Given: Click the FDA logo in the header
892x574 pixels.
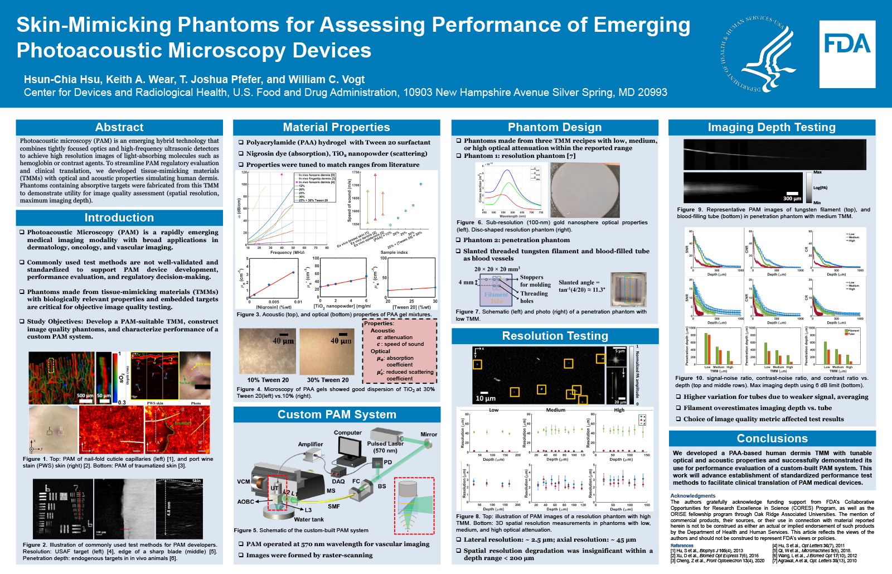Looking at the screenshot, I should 847,54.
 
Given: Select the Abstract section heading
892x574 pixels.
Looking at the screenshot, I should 119,127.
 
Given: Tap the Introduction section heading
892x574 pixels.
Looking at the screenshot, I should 119,218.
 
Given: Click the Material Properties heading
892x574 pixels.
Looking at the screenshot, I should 336,127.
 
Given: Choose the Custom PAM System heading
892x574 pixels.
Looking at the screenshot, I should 337,414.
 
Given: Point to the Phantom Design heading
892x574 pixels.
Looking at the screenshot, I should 555,127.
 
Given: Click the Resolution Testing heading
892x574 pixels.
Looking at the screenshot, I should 555,336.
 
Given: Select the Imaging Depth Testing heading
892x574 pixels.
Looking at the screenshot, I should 772,127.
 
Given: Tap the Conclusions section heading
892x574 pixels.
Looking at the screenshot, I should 772,438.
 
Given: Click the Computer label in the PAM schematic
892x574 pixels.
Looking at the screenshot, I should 348,432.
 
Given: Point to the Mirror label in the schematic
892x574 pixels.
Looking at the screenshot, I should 429,434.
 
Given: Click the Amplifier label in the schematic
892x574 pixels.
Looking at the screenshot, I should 311,444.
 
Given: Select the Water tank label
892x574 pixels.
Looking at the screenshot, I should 309,519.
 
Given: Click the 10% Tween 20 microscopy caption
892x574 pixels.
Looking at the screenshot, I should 268,380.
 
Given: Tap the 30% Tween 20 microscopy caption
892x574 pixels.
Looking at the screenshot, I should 328,380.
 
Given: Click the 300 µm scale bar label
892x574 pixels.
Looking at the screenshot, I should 792,199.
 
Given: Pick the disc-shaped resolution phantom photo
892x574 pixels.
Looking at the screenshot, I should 585,190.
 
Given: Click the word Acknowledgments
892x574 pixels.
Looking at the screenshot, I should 693,495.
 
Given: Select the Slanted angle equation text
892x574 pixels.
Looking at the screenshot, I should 581,286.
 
